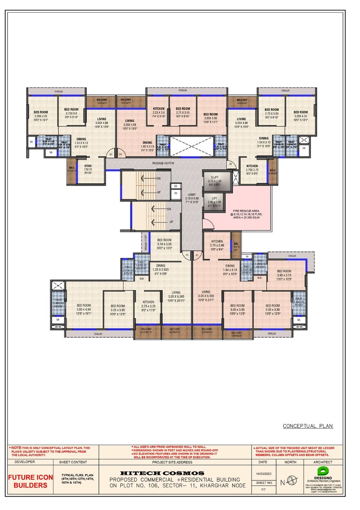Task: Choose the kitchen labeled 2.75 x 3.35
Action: click(148, 303)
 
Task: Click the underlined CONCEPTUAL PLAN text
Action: click(308, 426)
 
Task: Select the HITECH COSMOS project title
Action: click(162, 473)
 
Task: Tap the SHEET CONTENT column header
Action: click(73, 462)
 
